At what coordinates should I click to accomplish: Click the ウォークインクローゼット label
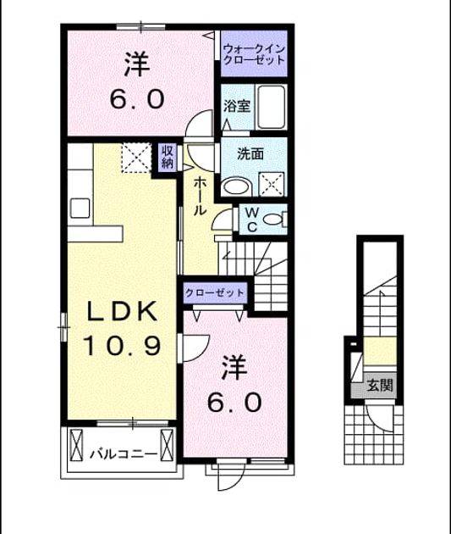pos(254,54)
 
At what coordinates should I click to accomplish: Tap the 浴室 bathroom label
pos(237,106)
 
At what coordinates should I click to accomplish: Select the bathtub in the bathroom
pos(272,107)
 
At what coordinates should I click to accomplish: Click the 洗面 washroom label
pos(250,154)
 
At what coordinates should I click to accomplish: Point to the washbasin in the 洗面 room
pos(237,186)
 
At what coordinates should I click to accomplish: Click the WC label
pos(252,220)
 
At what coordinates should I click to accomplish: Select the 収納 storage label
pos(168,157)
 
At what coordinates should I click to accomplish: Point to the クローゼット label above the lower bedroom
pos(215,292)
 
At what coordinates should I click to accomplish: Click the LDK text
pos(123,312)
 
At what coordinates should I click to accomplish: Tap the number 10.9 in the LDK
pos(121,345)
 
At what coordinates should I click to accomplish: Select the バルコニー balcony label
pos(124,454)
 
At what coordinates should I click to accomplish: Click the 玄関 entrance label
pos(380,386)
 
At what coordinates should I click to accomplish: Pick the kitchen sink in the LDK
pos(80,208)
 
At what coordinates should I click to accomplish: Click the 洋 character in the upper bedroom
pos(136,64)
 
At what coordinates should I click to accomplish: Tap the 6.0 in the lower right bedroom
pos(234,402)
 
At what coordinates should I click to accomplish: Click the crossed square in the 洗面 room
pos(271,184)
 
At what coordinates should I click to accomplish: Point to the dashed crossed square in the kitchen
pos(136,158)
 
